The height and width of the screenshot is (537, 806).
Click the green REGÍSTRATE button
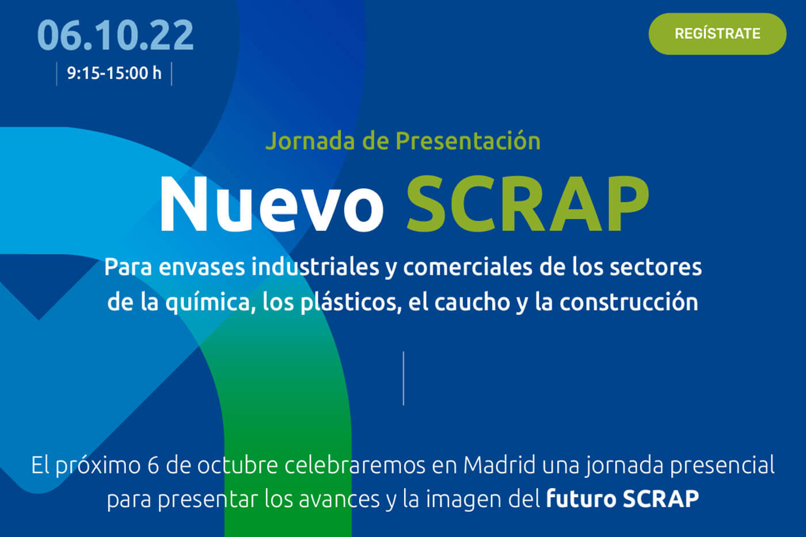click(717, 34)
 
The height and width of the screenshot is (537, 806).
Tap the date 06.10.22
click(115, 35)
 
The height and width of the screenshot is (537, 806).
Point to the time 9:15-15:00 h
click(114, 73)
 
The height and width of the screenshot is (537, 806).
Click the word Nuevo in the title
click(272, 204)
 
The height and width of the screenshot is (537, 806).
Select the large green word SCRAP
click(528, 204)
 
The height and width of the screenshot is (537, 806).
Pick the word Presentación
click(467, 140)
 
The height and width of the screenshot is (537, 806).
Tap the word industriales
click(315, 267)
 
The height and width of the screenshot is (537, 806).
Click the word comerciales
click(467, 267)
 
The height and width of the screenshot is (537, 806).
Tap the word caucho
click(472, 303)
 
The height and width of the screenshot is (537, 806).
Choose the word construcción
click(629, 302)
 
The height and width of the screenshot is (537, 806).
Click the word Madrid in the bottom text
click(499, 465)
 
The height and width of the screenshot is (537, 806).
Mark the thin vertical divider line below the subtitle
click(404, 378)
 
